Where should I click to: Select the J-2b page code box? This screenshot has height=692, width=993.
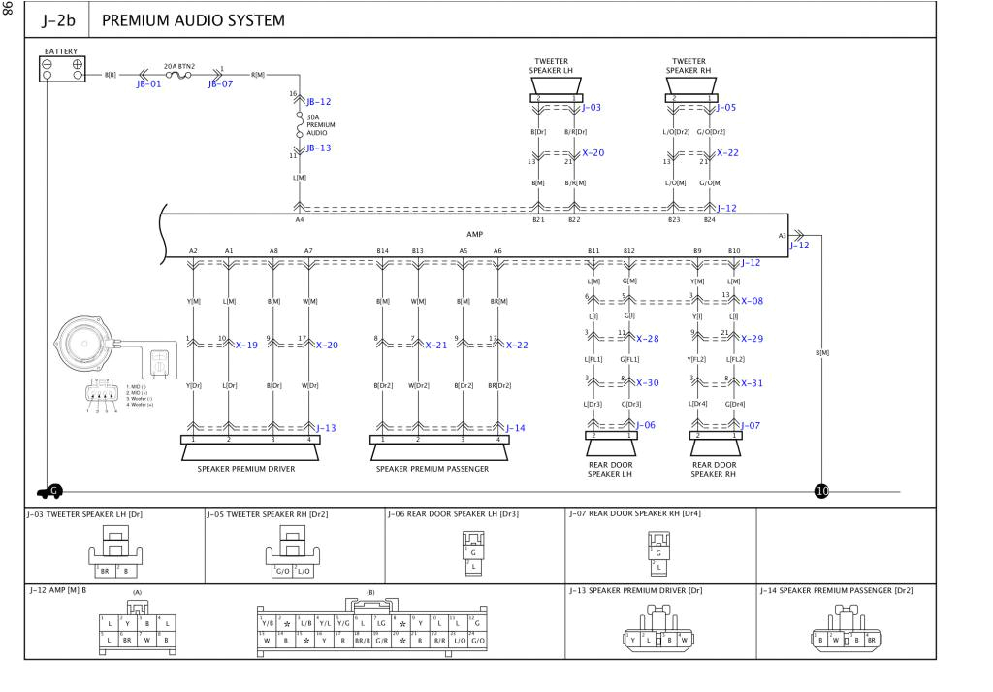coord(59,19)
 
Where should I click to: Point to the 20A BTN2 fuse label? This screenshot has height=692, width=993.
coord(178,65)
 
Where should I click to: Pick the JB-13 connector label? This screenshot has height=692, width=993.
coord(318,148)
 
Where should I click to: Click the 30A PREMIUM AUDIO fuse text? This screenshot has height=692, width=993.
coord(320,125)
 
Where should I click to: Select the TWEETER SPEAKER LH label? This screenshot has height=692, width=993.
coord(551,66)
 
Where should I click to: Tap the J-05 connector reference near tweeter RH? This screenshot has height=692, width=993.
coord(726,108)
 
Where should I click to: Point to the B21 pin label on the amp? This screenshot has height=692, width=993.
coord(538,220)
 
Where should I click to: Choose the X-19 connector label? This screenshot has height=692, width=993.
coord(247,346)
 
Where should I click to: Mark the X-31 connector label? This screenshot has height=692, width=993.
coord(752,383)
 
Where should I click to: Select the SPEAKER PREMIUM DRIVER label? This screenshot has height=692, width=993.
coord(246,469)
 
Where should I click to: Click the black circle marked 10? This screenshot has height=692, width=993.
coord(822,491)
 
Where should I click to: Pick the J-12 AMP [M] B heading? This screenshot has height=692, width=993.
coord(57,590)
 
